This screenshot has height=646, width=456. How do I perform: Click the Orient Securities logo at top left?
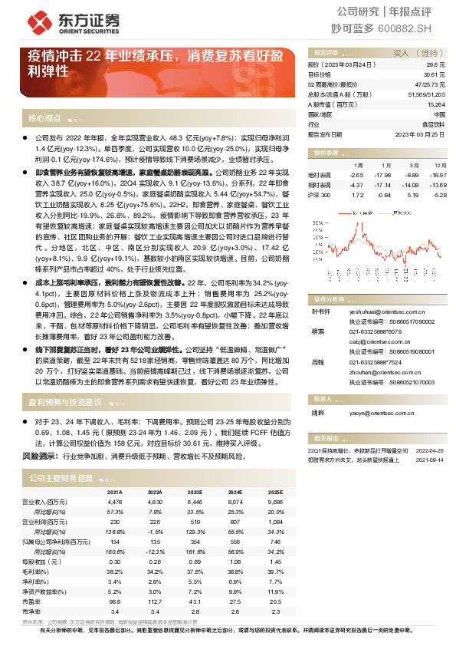point(73,21)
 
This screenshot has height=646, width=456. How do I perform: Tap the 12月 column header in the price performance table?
point(440,165)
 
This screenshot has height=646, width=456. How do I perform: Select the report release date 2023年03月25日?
point(420,133)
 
